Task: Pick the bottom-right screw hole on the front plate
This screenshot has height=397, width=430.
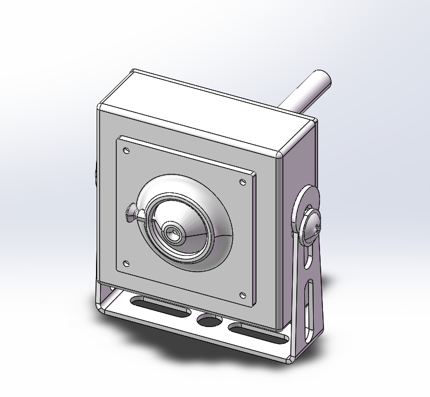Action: [243, 294]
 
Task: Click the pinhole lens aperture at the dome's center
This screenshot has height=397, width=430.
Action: [173, 234]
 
